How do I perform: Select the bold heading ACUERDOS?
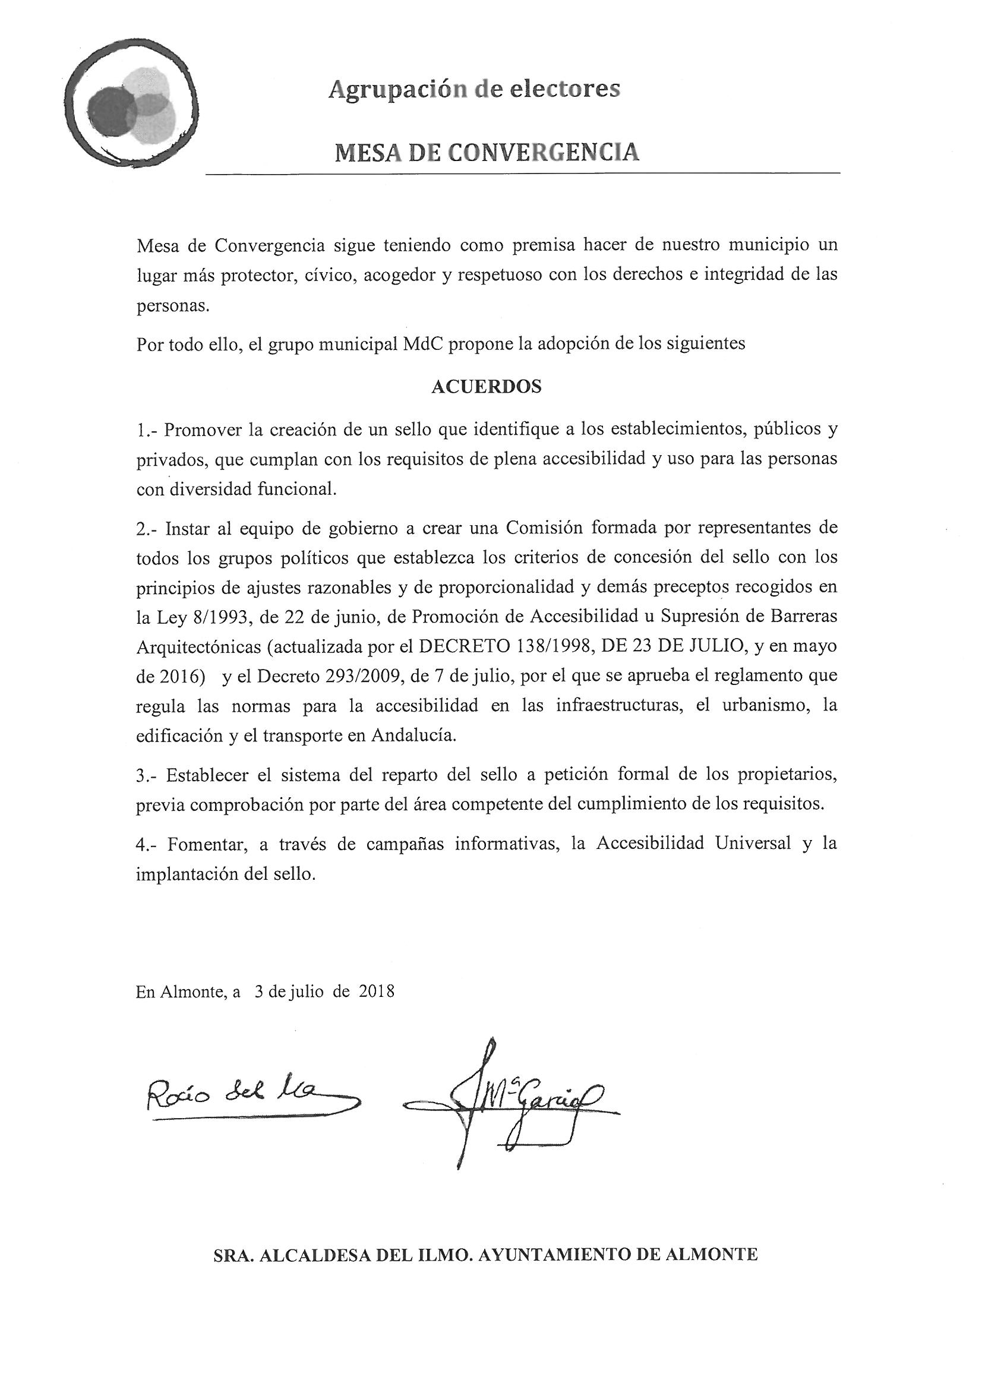[486, 387]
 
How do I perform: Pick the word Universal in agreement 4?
[753, 844]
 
